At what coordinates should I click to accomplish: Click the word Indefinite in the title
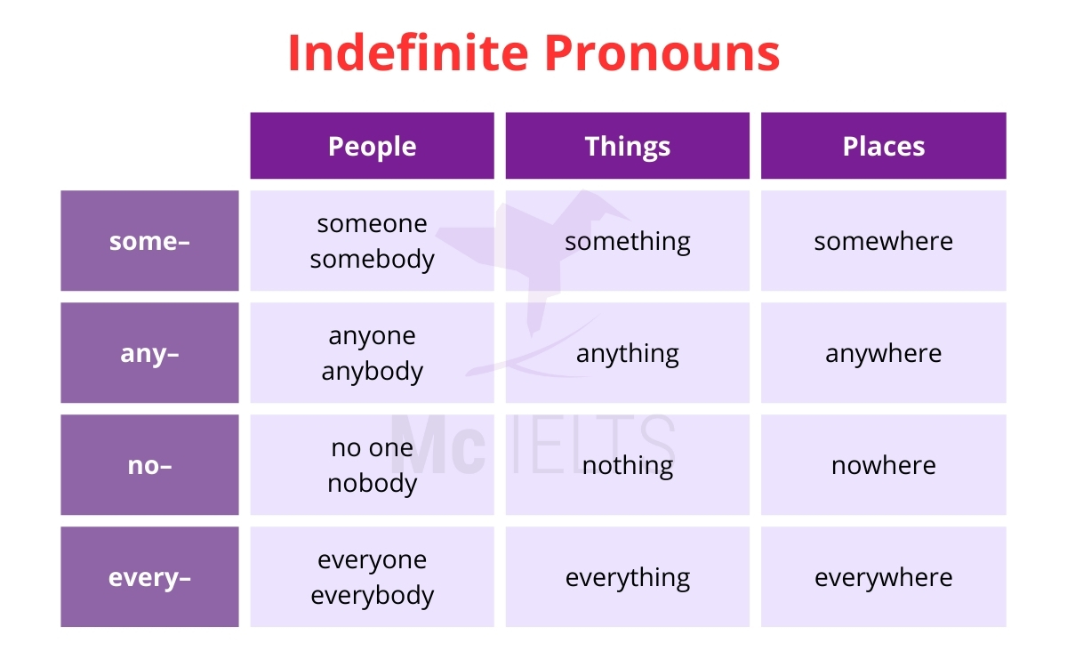tap(408, 53)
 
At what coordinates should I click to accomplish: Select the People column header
tap(372, 146)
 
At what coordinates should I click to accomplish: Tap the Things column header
tap(628, 146)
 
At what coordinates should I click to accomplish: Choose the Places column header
tap(884, 146)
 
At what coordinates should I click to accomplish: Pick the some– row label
tap(149, 241)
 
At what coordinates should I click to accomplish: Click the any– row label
tap(149, 353)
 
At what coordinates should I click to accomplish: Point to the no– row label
tap(149, 465)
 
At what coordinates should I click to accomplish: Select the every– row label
tap(149, 577)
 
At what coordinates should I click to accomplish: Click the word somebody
tap(372, 259)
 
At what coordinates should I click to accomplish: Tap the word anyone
tap(372, 335)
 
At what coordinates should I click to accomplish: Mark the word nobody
tap(372, 483)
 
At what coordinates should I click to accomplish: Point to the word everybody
tap(372, 595)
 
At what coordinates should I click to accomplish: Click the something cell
tap(628, 241)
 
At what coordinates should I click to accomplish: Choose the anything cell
tap(628, 353)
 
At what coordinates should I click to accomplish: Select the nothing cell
tap(628, 465)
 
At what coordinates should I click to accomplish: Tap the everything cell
tap(628, 577)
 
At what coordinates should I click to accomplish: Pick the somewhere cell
tap(884, 241)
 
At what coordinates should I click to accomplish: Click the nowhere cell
tap(884, 465)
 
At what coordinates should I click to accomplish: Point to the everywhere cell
tap(884, 577)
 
